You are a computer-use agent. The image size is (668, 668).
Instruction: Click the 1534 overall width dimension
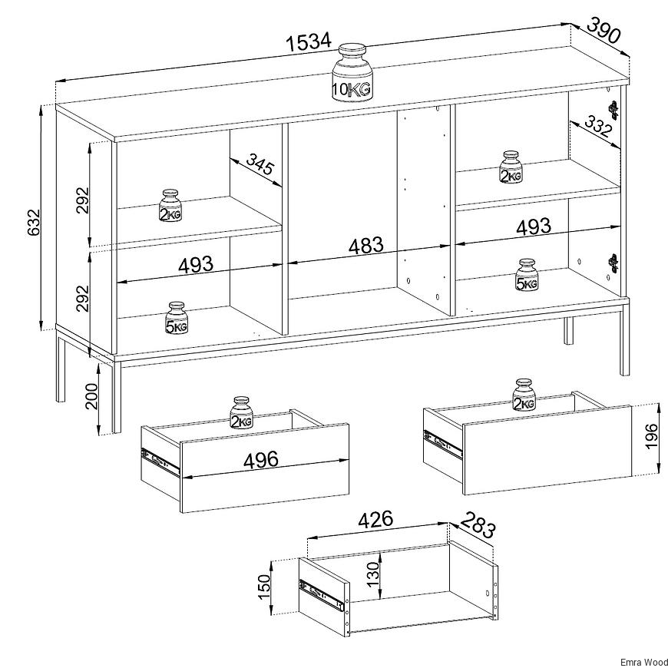point(308,41)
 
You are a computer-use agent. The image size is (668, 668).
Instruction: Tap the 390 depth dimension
point(604,30)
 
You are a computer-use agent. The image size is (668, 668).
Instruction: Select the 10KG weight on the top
point(352,72)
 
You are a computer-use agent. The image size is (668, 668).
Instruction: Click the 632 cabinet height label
point(33,222)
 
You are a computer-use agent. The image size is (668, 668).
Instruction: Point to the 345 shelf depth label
point(260,164)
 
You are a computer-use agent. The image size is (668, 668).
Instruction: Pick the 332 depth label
point(597,126)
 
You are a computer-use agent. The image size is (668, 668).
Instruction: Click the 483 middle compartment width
point(366,246)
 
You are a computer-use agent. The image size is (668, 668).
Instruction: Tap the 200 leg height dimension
point(91,396)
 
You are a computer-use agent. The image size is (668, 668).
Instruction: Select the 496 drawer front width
point(261,460)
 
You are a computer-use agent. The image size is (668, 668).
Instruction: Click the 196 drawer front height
point(651,436)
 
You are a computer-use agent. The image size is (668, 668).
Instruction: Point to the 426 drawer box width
point(375,519)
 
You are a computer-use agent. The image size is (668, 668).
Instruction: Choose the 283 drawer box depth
point(478,525)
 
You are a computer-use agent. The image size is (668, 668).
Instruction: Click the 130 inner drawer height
point(372,574)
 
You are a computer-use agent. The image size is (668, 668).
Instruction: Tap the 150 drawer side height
point(264,586)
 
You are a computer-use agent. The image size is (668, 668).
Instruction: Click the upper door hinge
point(613,110)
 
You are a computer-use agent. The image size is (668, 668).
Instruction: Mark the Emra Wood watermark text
point(643,663)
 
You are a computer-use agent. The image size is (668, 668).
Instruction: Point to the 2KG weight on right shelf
point(511,167)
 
